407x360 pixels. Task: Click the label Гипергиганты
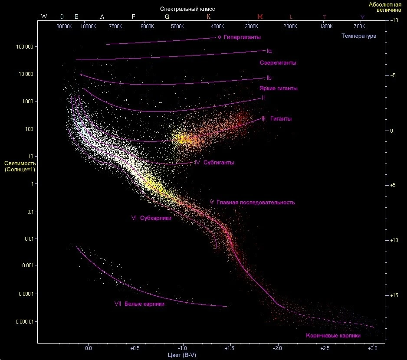click(x=242, y=37)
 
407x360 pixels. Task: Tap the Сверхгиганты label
click(x=278, y=63)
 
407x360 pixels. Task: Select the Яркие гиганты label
click(x=279, y=88)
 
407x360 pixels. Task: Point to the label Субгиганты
click(x=219, y=163)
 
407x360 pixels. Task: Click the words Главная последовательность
click(x=256, y=203)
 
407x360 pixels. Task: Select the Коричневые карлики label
click(x=333, y=335)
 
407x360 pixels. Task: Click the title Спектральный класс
click(x=187, y=9)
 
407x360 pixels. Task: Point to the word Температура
click(x=359, y=36)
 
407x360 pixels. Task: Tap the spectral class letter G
click(x=167, y=16)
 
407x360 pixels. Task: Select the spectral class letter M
click(x=260, y=16)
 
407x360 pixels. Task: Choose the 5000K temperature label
click(x=177, y=26)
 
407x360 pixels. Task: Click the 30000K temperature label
click(x=65, y=26)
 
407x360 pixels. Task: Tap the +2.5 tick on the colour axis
click(x=324, y=348)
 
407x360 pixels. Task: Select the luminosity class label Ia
click(x=269, y=51)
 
